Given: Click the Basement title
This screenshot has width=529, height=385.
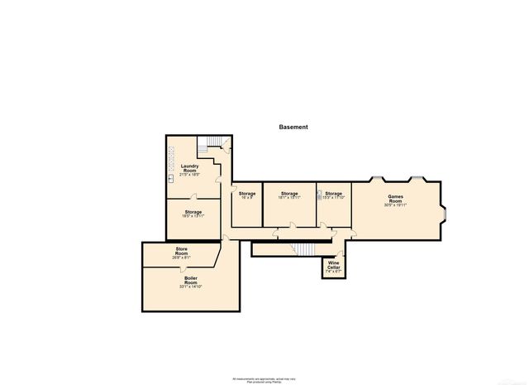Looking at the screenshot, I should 293,128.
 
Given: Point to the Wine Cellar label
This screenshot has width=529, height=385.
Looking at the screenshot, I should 333,264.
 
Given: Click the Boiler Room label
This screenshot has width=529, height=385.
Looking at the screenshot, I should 191,280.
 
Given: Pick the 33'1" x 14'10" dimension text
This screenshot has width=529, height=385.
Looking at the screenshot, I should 191,286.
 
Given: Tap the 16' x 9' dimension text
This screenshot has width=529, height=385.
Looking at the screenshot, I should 246,197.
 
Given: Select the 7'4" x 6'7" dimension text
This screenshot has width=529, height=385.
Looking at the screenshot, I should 333,272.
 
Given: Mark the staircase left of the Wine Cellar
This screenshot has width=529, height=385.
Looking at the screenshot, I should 306,250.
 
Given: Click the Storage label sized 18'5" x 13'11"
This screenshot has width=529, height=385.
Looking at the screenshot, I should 193,212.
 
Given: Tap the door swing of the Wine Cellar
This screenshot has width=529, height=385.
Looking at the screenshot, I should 338,254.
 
